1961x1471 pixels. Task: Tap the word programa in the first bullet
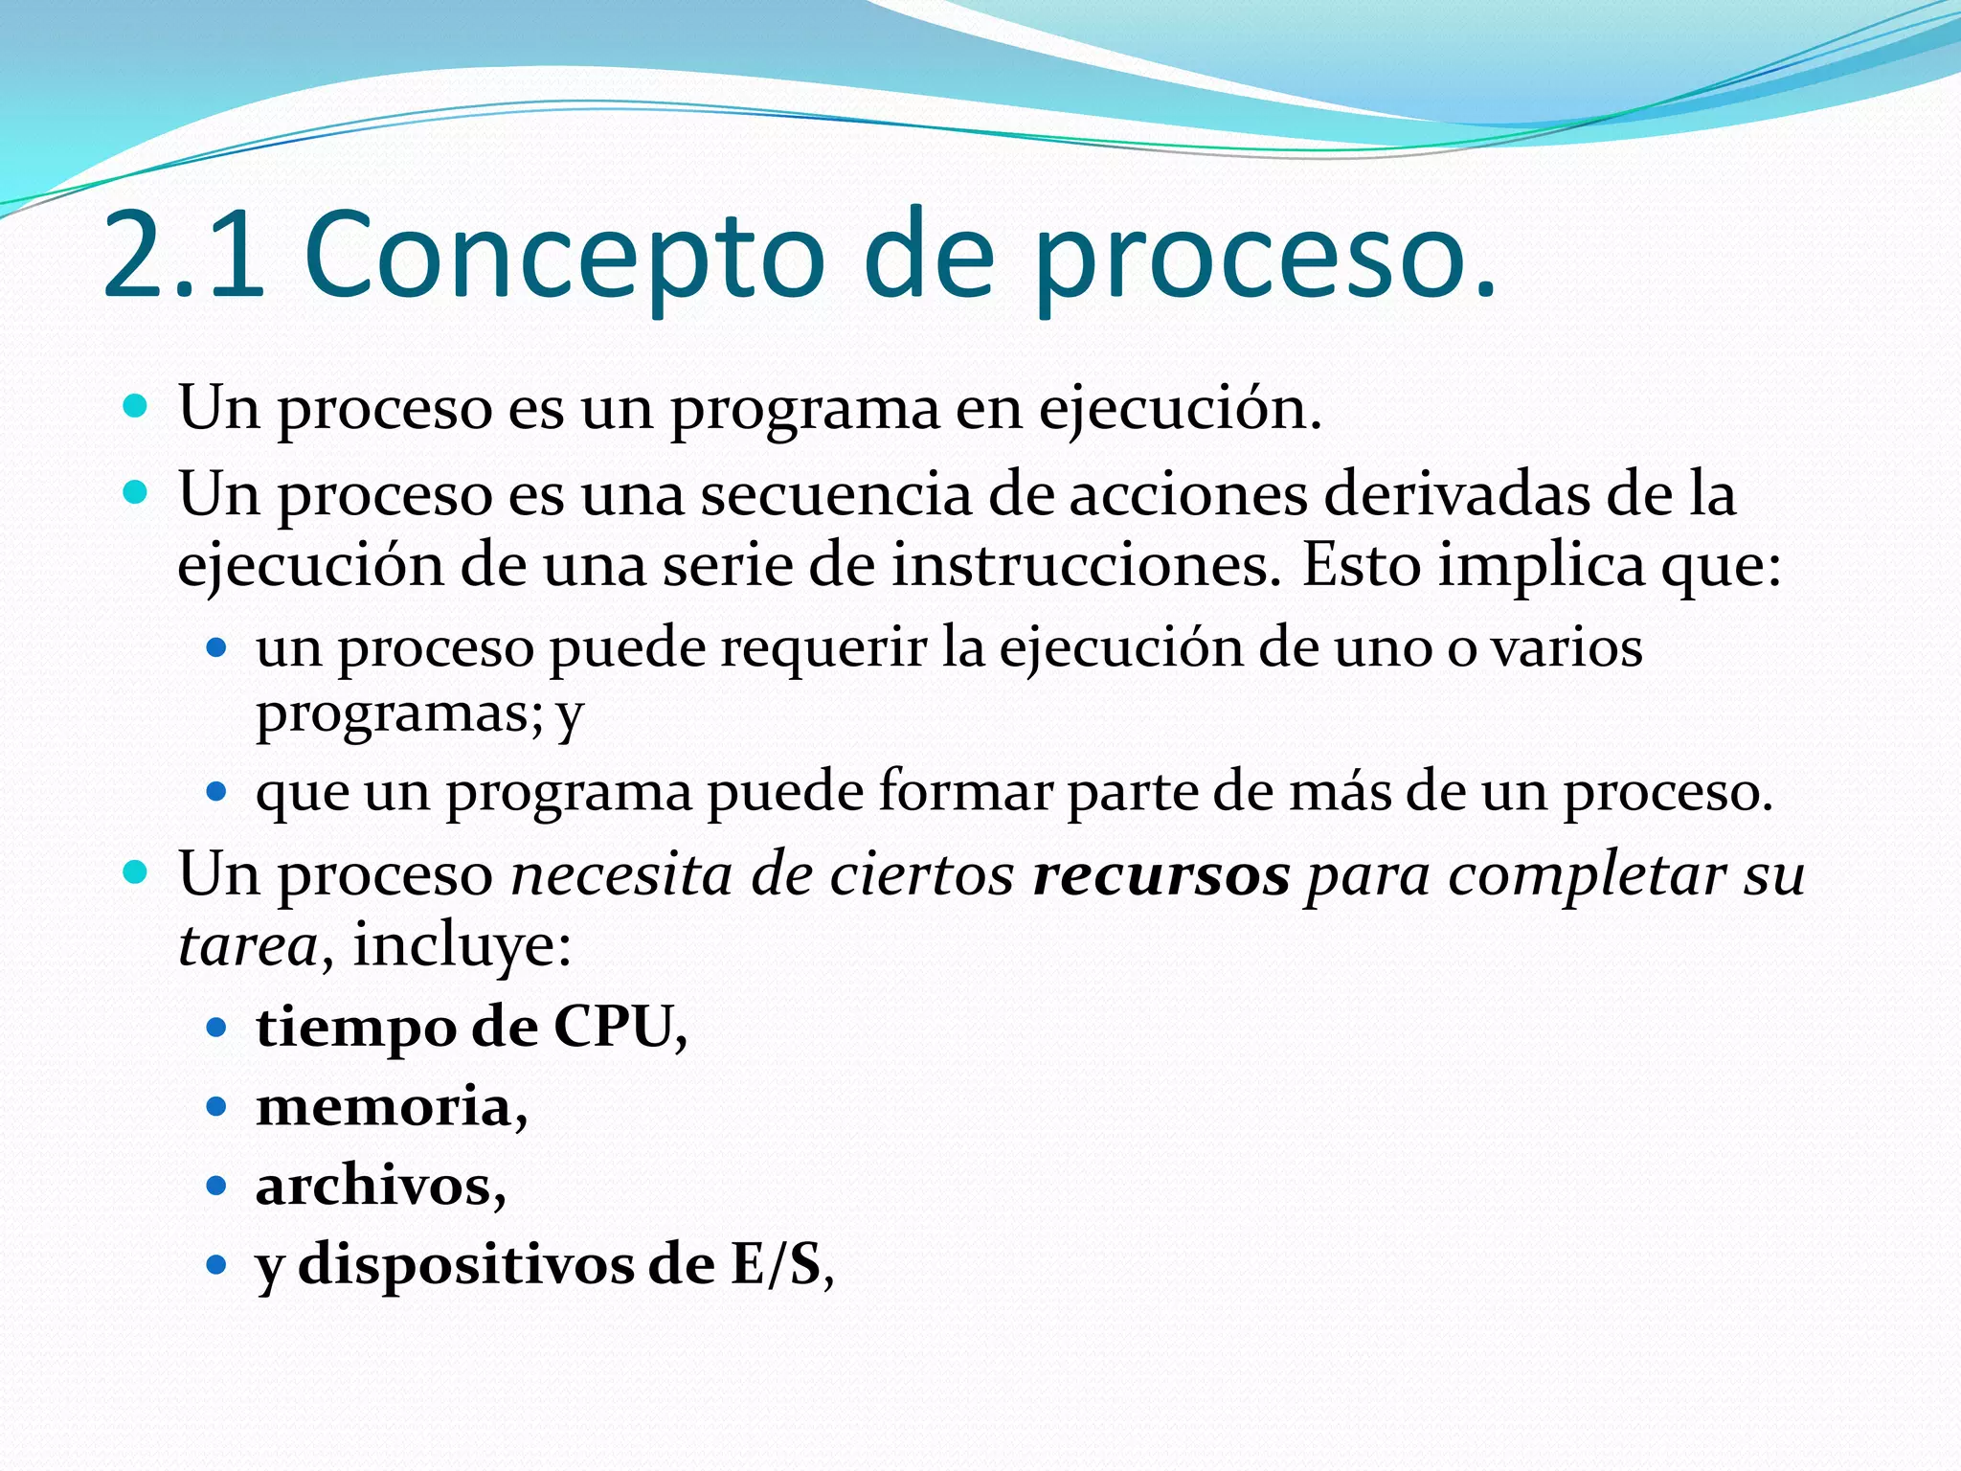[804, 410]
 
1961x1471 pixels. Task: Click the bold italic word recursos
[1161, 875]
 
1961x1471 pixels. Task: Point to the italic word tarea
[248, 945]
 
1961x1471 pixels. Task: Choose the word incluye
[462, 945]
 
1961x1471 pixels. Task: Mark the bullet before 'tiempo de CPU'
[216, 1029]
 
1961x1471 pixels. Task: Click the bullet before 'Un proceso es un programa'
[137, 408]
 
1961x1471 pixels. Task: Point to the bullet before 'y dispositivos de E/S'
[216, 1265]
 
